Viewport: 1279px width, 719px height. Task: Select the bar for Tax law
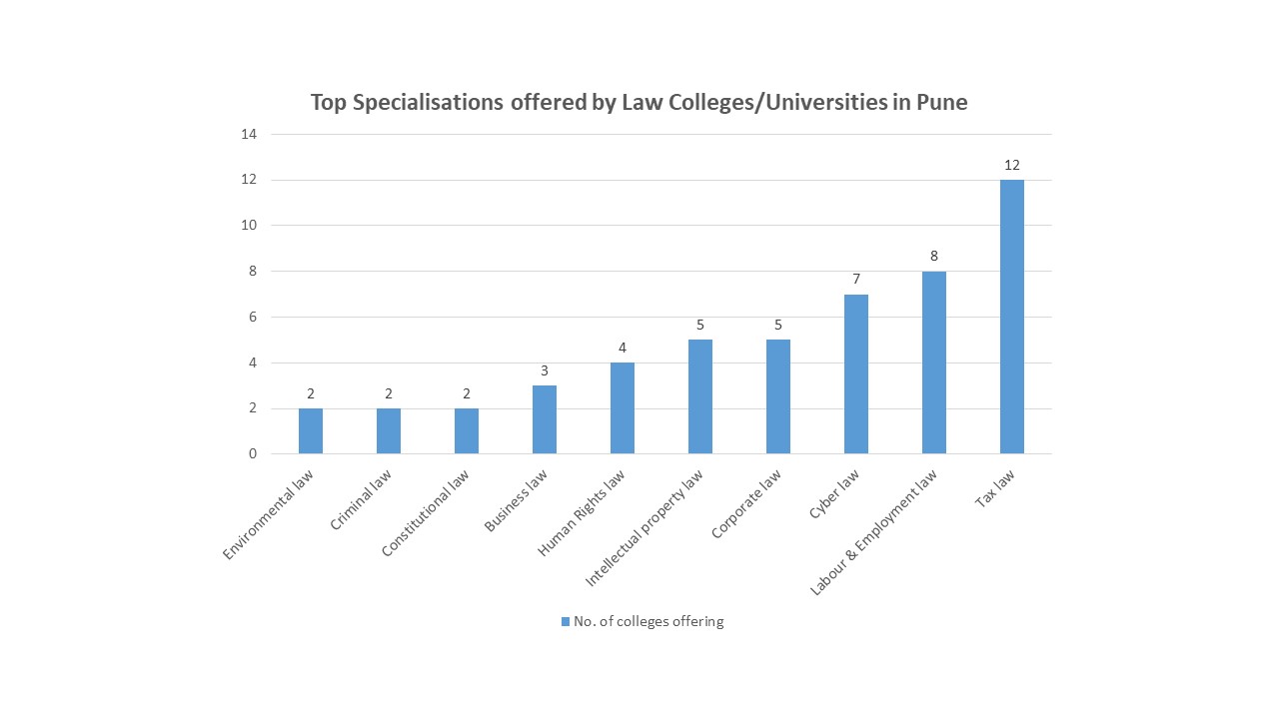coord(1011,317)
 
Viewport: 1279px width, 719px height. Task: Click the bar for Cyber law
coord(855,373)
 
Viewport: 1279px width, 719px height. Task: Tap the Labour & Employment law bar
coord(933,362)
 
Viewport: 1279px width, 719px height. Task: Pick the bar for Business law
coord(544,419)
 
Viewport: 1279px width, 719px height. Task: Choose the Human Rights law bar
coord(622,407)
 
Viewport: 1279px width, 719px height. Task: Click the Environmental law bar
coord(310,430)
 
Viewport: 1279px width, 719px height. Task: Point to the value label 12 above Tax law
coord(1011,165)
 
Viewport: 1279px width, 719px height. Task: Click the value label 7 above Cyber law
coord(855,279)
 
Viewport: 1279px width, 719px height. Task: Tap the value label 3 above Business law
coord(544,370)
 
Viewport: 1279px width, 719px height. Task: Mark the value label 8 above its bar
coord(933,256)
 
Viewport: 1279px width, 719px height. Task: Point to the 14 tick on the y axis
coord(249,134)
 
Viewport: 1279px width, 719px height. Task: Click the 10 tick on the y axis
coord(249,226)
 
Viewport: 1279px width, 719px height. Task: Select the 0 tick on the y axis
coord(253,454)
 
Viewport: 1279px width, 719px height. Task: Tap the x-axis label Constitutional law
coord(426,514)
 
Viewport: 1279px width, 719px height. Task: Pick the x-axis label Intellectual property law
coord(644,526)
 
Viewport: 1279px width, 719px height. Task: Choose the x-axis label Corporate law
coord(746,505)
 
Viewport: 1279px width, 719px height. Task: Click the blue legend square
coord(566,621)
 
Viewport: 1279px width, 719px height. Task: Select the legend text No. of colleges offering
coord(648,621)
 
